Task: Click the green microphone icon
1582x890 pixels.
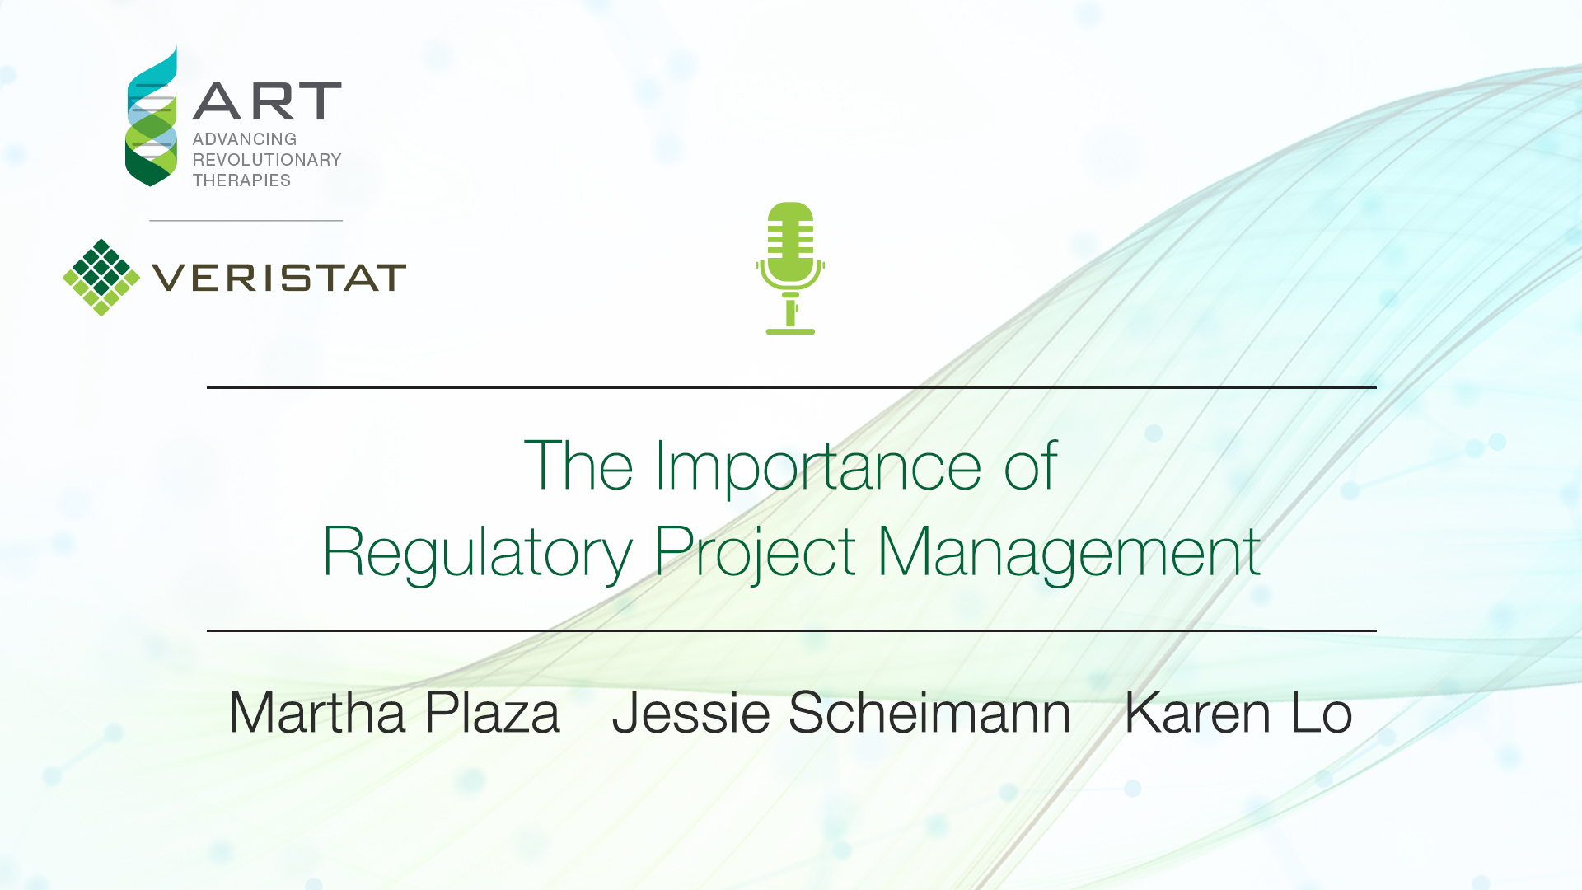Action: click(x=790, y=268)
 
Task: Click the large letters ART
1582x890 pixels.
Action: click(x=267, y=101)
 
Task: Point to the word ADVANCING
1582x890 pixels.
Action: click(x=245, y=139)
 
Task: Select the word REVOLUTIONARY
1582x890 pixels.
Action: click(x=267, y=160)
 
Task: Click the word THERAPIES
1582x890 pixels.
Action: click(x=241, y=180)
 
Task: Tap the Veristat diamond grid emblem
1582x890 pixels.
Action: click(x=101, y=278)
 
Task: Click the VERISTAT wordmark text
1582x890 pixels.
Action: click(x=279, y=278)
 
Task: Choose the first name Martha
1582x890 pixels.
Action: click(x=317, y=712)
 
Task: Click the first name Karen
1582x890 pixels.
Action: click(x=1198, y=712)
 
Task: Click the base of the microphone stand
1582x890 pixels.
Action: click(x=790, y=331)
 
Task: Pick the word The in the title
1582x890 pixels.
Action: click(x=578, y=466)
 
